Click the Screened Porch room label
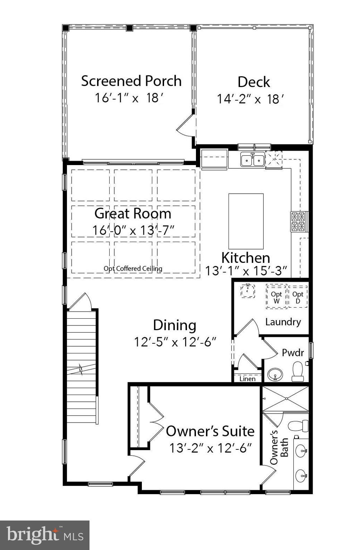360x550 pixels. click(131, 81)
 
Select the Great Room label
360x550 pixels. click(133, 213)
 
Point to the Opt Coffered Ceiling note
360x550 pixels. click(133, 269)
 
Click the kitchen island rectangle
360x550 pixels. click(246, 221)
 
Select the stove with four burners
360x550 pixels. click(298, 222)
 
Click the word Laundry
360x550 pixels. click(283, 322)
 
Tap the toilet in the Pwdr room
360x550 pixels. click(298, 371)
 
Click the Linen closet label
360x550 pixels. click(247, 379)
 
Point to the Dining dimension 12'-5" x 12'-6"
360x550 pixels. click(175, 342)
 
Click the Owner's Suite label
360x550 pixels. click(210, 431)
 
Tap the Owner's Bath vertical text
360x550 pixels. click(279, 447)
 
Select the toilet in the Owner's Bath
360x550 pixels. click(298, 426)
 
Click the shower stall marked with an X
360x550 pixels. click(285, 399)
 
